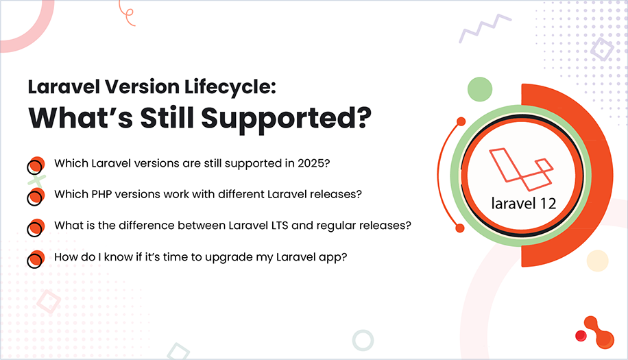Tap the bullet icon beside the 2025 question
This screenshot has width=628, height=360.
35,165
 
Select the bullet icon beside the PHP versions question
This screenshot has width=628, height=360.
35,195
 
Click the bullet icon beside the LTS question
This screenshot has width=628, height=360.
35,226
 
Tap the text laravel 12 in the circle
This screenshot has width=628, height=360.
523,203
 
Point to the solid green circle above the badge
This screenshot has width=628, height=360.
480,90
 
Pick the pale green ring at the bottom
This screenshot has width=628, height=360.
363,340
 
